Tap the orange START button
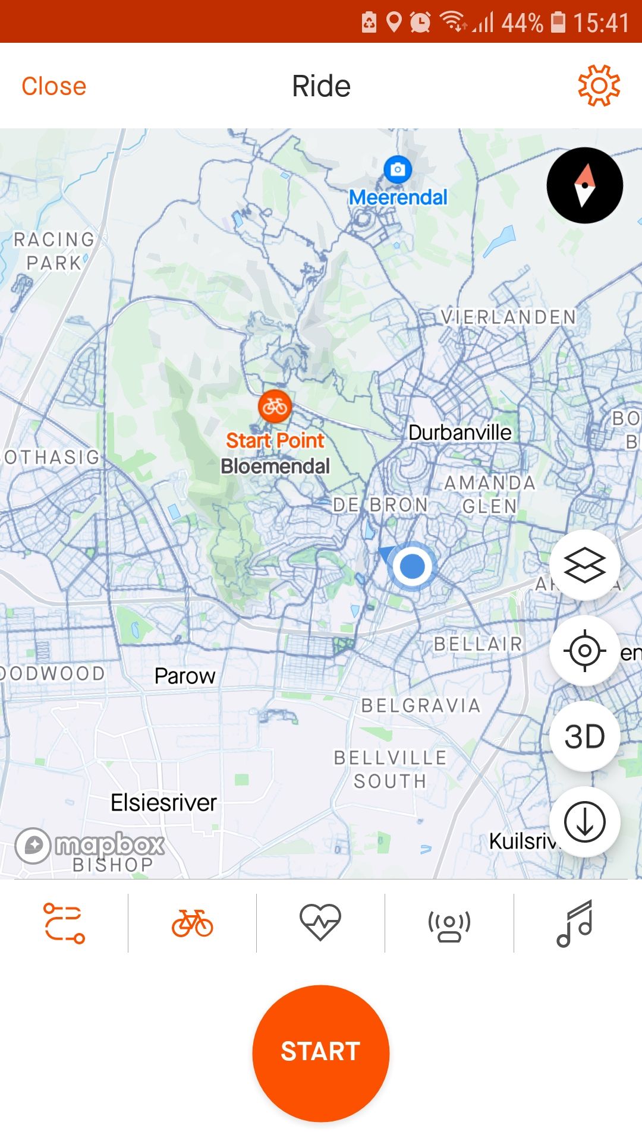320,1052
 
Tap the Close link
54,86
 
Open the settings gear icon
599,86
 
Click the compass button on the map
584,185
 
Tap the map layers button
584,565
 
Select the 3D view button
584,736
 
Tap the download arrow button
584,822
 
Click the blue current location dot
412,566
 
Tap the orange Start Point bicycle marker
275,407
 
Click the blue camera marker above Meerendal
398,169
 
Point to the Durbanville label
460,433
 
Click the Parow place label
184,676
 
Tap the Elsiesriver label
163,803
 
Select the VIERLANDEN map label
508,317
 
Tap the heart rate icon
320,922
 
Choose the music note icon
575,922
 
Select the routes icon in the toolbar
64,922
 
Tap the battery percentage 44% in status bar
522,23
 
